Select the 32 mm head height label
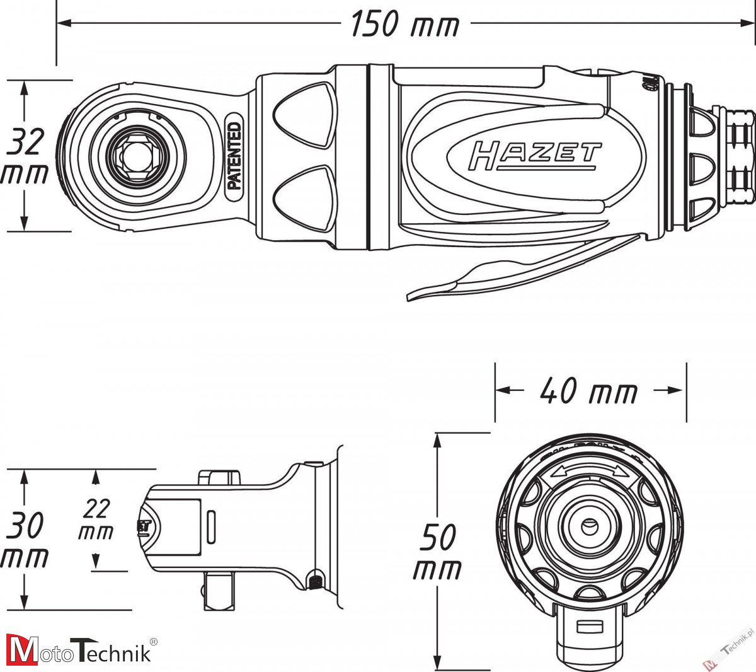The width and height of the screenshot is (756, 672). [x=25, y=156]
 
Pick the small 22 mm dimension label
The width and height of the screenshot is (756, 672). [x=96, y=519]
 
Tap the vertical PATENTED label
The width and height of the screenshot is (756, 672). [x=234, y=156]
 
